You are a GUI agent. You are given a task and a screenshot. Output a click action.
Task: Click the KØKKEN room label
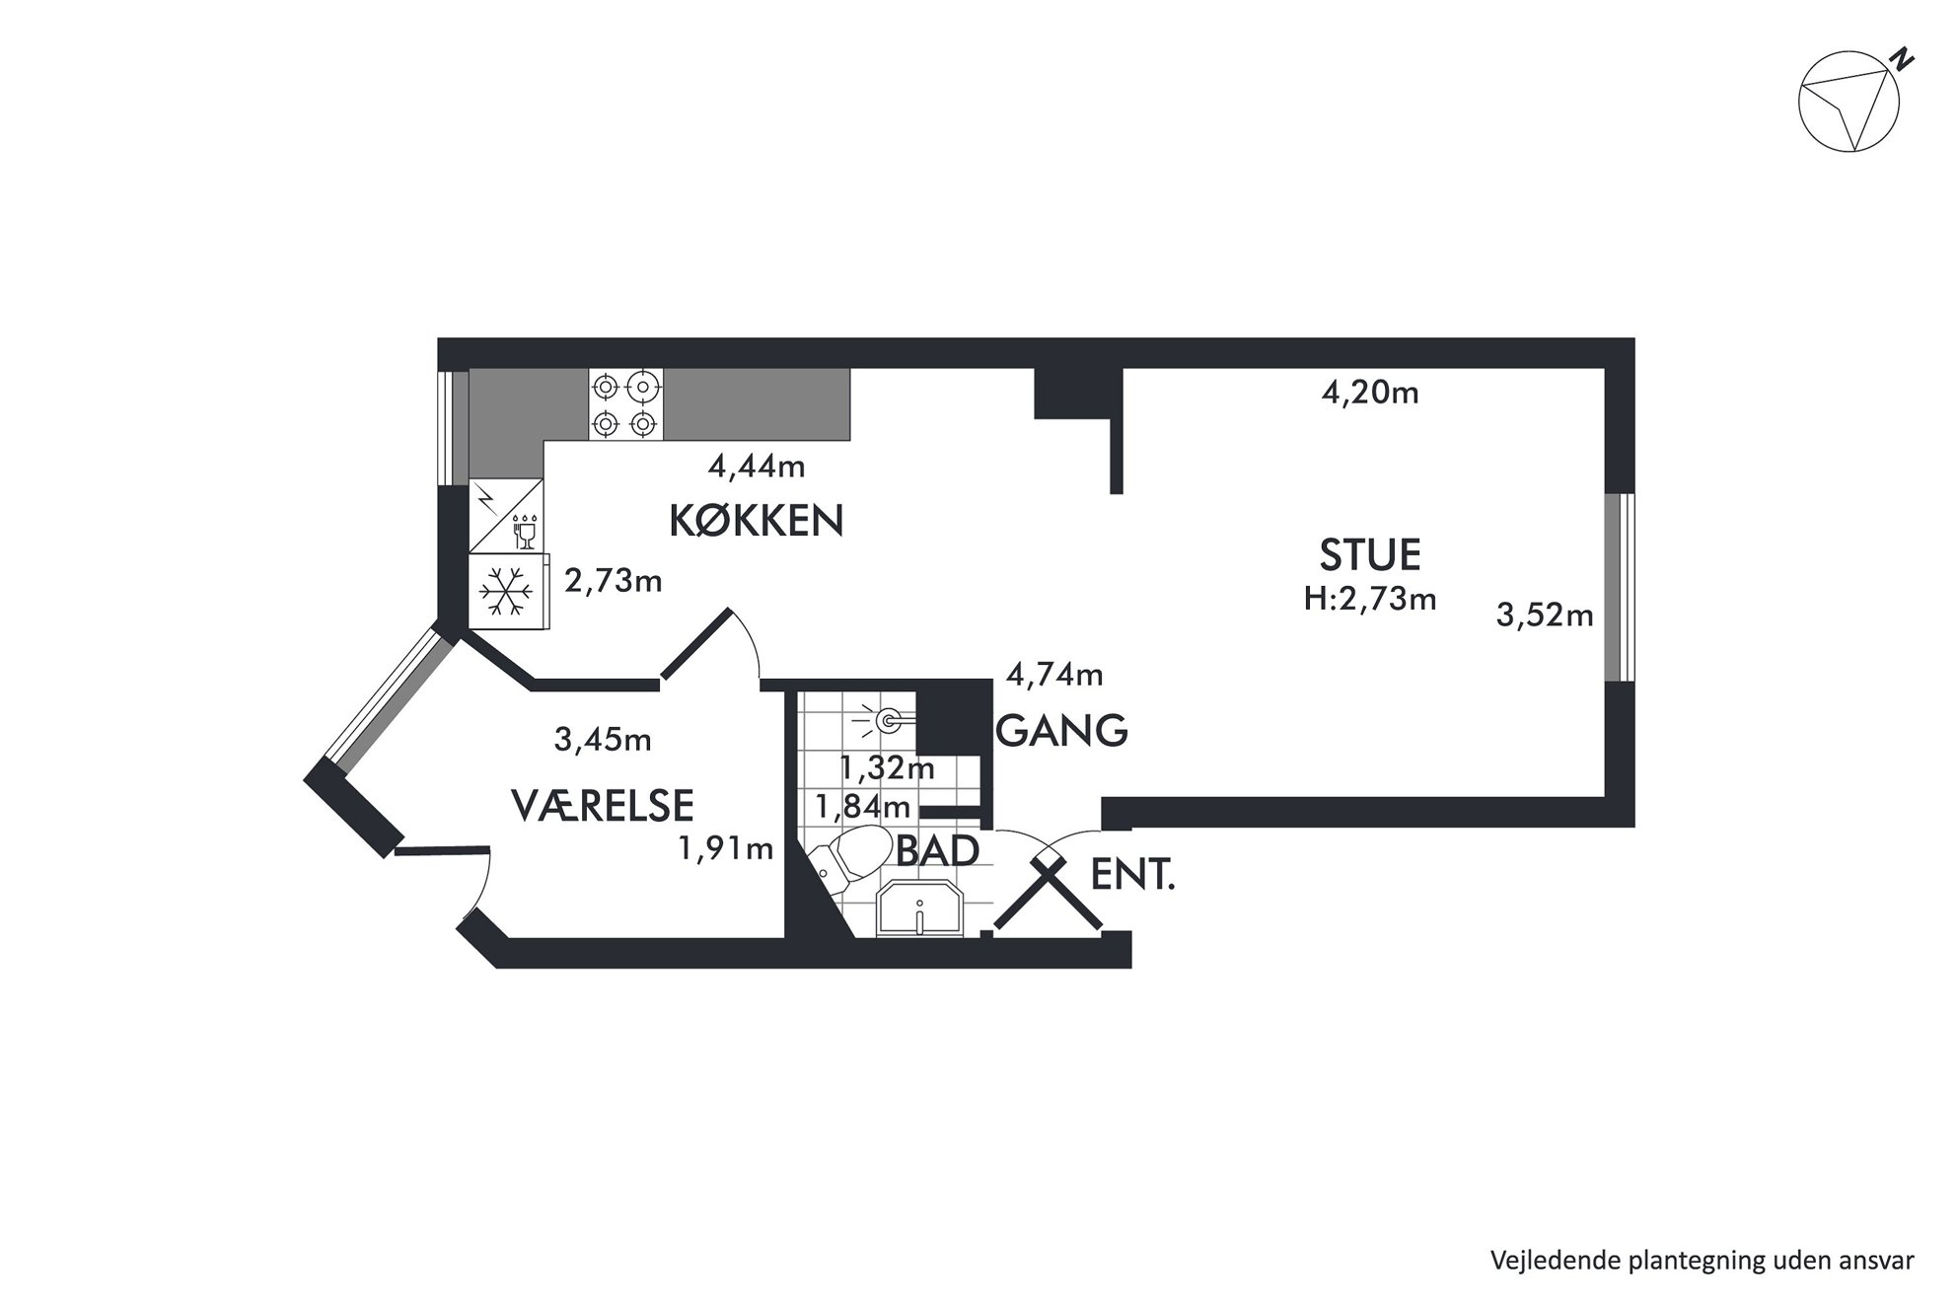click(x=757, y=520)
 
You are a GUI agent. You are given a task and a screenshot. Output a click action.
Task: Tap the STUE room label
click(x=1370, y=555)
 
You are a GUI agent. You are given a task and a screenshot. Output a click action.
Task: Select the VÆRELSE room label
click(x=603, y=805)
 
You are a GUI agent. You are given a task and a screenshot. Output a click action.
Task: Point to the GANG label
click(x=1062, y=731)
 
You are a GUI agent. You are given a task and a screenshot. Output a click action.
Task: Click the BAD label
click(x=937, y=850)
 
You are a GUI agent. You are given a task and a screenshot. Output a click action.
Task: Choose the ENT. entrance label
click(x=1133, y=875)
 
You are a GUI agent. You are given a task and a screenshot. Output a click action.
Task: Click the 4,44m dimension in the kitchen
click(x=757, y=466)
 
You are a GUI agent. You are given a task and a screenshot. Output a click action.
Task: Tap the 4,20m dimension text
click(x=1370, y=394)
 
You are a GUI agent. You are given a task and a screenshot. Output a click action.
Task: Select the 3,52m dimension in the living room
click(x=1545, y=616)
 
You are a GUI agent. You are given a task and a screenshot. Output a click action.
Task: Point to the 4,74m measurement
click(x=1054, y=675)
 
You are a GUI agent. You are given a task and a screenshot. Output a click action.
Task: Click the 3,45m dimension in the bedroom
click(x=603, y=739)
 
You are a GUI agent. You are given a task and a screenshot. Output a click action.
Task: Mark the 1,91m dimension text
click(x=726, y=848)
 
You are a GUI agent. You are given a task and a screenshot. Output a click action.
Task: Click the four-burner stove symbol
click(x=626, y=403)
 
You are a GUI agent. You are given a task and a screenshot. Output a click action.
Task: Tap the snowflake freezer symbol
click(x=506, y=592)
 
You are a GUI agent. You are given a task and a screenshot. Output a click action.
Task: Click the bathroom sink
click(x=919, y=909)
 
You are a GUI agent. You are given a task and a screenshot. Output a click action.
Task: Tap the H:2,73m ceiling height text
click(x=1370, y=598)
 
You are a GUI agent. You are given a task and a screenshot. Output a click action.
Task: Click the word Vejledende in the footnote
click(x=1539, y=1261)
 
